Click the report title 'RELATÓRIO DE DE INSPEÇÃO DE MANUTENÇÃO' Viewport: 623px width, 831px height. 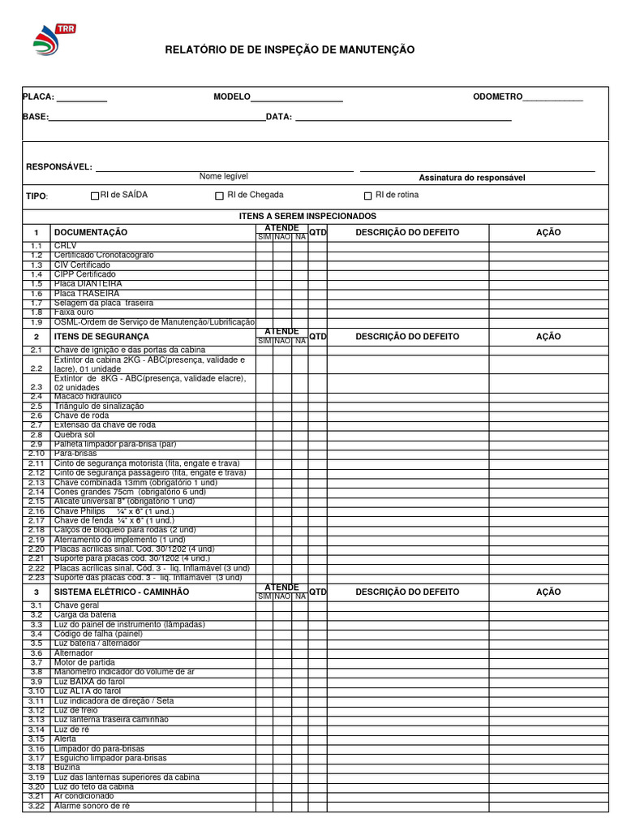point(290,50)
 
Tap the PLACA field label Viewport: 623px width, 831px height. point(38,97)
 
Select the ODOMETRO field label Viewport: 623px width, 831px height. point(497,97)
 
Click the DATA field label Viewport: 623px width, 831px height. point(278,117)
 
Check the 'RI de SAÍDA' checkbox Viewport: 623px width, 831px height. point(95,196)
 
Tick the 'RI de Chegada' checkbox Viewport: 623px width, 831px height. point(219,196)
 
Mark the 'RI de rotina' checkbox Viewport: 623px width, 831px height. point(367,196)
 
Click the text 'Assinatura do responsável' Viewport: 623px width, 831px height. point(471,178)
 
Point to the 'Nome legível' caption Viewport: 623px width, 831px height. point(224,176)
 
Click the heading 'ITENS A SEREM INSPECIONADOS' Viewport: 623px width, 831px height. point(307,216)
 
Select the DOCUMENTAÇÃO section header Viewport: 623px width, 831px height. point(91,233)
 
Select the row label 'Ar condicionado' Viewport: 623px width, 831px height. point(84,796)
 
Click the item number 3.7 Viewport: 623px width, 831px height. point(36,662)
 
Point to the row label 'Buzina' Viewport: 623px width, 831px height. point(67,767)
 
